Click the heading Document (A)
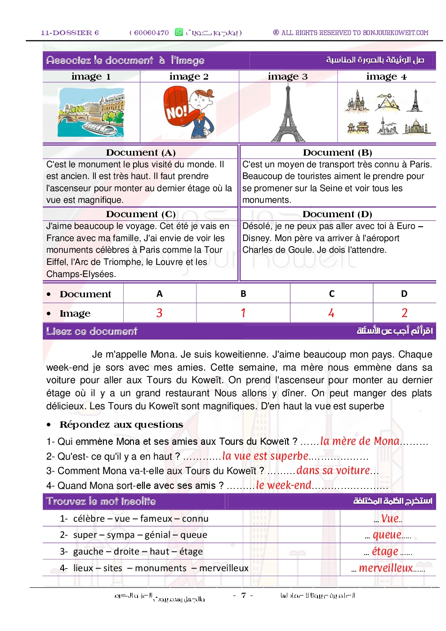pos(141,152)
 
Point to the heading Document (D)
pos(337,214)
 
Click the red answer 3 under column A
pos(159,313)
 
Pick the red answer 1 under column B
pos(243,313)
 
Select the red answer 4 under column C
pos(331,313)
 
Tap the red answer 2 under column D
pos(404,313)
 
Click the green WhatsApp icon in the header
pos(179,32)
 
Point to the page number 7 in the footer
pos(243,595)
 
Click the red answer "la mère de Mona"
pos(360,441)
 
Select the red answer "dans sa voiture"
pos(333,470)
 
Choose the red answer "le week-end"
pos(284,485)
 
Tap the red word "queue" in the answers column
pos(387,535)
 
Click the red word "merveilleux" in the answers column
pos(386,568)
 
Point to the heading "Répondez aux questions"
pos(121,425)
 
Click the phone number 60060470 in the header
pos(152,33)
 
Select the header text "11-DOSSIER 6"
pos(70,33)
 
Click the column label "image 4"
pos(386,77)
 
